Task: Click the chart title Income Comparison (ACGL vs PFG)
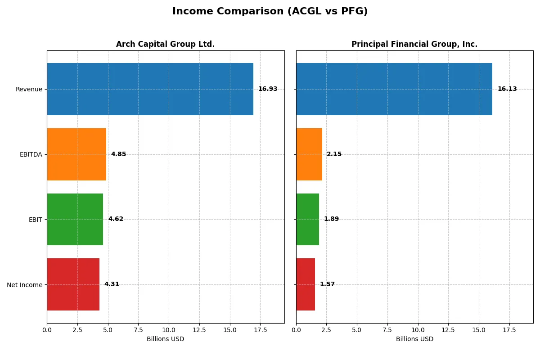tap(270, 12)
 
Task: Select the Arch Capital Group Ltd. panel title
tap(165, 44)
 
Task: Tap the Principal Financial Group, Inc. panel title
tap(414, 44)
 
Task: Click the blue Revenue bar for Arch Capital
tap(150, 89)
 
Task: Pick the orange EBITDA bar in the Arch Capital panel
tap(76, 154)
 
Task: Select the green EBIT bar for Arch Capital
tap(75, 219)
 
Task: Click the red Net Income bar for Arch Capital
tap(73, 284)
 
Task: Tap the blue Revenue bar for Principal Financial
tap(394, 89)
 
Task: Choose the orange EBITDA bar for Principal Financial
tap(309, 154)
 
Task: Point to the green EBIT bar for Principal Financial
tap(307, 219)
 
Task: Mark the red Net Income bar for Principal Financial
tap(306, 284)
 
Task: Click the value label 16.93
tap(268, 89)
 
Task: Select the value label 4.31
tap(112, 284)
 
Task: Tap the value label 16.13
tap(507, 89)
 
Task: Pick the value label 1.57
tap(327, 284)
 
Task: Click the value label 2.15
tap(334, 154)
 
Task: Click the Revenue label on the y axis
tap(29, 89)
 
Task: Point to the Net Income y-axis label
tap(25, 285)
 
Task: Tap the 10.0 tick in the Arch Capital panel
tap(169, 330)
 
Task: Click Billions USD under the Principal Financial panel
tap(414, 339)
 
